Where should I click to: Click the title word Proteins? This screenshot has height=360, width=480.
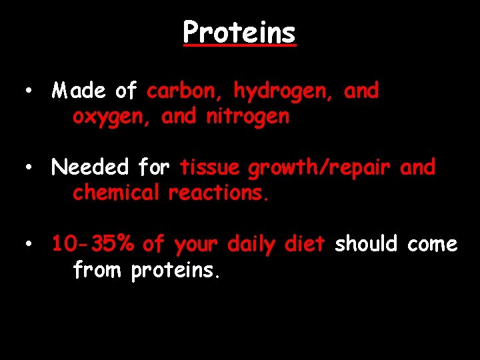pos(239,33)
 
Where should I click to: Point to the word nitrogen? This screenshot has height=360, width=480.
pos(247,117)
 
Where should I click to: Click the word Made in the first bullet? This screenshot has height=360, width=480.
pos(80,91)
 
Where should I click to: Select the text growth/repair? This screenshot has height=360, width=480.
pos(319,168)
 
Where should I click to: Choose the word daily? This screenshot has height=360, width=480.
pos(251,245)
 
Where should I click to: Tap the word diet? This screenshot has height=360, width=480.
pos(304,245)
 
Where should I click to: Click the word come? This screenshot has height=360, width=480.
pos(433,245)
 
